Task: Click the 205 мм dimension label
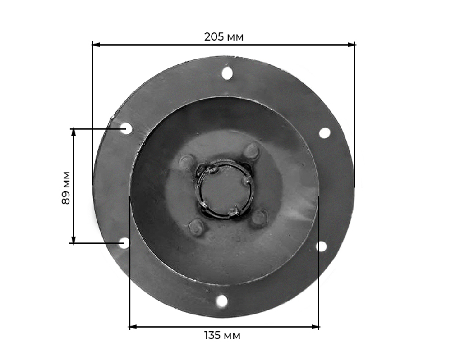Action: (224, 37)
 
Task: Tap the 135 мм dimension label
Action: (222, 335)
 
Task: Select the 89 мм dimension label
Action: (66, 188)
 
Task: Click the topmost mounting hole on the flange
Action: (227, 73)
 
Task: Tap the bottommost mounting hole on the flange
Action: (222, 301)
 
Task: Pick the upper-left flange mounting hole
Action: (126, 128)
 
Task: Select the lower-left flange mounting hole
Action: (124, 243)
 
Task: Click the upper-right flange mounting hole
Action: (325, 133)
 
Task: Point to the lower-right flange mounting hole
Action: (321, 246)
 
